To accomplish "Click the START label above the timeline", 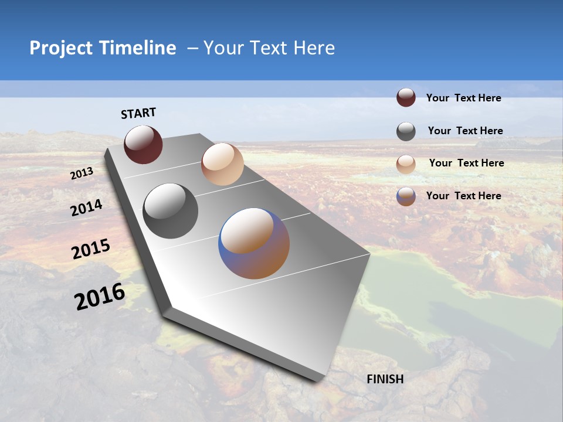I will tap(138, 113).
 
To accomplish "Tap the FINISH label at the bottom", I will tap(385, 379).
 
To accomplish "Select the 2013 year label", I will tap(82, 173).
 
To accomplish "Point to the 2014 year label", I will tap(87, 207).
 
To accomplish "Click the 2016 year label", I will tap(100, 297).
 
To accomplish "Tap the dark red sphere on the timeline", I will tap(143, 144).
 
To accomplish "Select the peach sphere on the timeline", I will tap(222, 164).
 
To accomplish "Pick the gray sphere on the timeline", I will tap(171, 211).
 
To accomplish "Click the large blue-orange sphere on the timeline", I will tap(254, 243).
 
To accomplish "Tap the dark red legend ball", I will tap(406, 97).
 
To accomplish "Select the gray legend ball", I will tap(406, 131).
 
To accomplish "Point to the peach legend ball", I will tap(406, 164).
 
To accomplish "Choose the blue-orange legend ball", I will tap(406, 196).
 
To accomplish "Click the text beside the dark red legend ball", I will tap(463, 98).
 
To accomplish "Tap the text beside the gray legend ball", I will tap(465, 131).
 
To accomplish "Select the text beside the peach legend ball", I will tap(466, 163).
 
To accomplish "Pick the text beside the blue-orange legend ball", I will tap(463, 196).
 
